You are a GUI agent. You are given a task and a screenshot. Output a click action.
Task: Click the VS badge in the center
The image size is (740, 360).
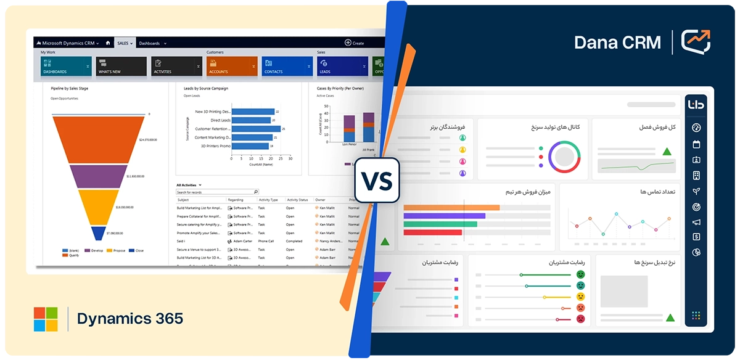point(377,179)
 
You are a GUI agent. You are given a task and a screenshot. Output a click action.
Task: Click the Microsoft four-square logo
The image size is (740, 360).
point(46,319)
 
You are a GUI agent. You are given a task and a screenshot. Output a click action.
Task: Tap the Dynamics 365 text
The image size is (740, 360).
point(130,319)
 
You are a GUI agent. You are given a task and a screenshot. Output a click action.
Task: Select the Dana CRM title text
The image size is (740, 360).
point(617,43)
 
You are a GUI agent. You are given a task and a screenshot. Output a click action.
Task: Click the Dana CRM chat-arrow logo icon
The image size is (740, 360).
point(696,42)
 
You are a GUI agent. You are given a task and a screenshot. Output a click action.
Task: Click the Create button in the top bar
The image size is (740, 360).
point(355,43)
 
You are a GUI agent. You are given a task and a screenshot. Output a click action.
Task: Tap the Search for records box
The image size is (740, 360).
point(216,192)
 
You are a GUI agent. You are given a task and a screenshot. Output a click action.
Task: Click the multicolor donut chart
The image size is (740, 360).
point(564,157)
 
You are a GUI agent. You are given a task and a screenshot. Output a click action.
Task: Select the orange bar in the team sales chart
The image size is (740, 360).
point(451,208)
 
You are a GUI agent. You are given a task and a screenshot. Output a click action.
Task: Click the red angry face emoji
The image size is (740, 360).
point(580,319)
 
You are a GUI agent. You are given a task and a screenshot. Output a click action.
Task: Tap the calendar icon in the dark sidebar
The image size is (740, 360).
point(696,144)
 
